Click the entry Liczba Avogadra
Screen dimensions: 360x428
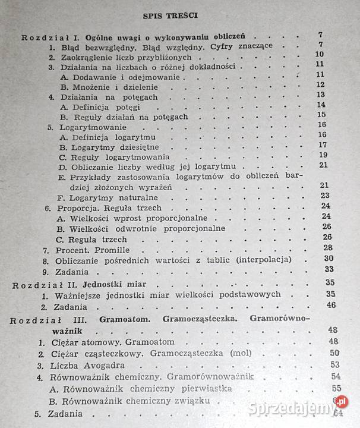point(86,365)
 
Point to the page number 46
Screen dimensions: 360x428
point(331,306)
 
